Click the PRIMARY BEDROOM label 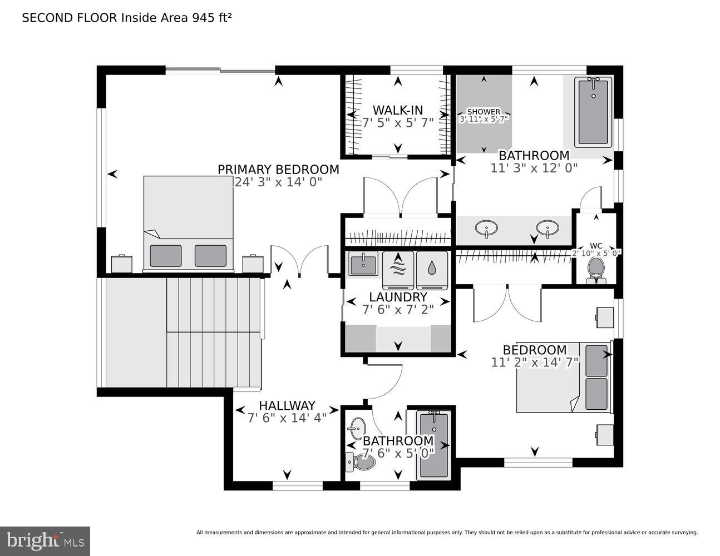pyautogui.click(x=278, y=170)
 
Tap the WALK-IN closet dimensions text pyautogui.click(x=398, y=123)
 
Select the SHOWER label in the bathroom pyautogui.click(x=483, y=112)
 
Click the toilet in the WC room pyautogui.click(x=596, y=269)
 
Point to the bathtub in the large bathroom pyautogui.click(x=593, y=112)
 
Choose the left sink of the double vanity pyautogui.click(x=487, y=228)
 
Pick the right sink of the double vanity pyautogui.click(x=548, y=228)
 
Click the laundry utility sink pyautogui.click(x=363, y=264)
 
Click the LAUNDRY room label pyautogui.click(x=398, y=297)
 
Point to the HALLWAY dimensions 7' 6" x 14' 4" pyautogui.click(x=287, y=418)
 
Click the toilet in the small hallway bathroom pyautogui.click(x=361, y=461)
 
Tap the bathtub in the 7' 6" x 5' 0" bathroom pyautogui.click(x=434, y=445)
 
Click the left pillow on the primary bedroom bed pyautogui.click(x=165, y=255)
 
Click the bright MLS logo pyautogui.click(x=45, y=541)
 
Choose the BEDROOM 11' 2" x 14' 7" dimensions pyautogui.click(x=535, y=363)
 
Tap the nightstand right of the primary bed pyautogui.click(x=253, y=264)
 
